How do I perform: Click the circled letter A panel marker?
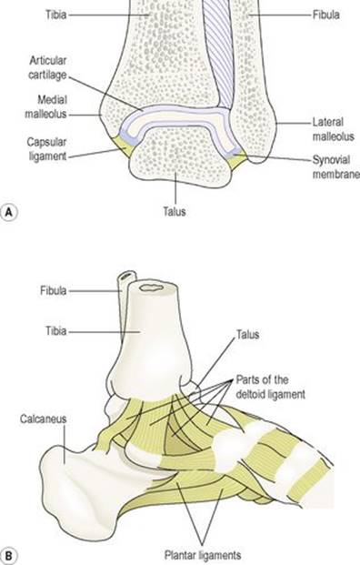tap(9, 212)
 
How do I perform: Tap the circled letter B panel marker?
tap(9, 555)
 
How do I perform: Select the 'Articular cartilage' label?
tap(48, 67)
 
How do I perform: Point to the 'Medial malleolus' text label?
tap(45, 106)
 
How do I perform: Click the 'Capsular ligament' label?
tap(46, 149)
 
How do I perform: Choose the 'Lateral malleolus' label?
tap(333, 129)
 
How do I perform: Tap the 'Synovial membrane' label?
tap(335, 166)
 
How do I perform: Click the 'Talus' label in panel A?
tap(175, 211)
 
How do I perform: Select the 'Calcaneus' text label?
tap(44, 419)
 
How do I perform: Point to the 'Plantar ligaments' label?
tap(203, 555)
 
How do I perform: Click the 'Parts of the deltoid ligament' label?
tap(270, 387)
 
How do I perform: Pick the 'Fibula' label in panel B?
tap(54, 290)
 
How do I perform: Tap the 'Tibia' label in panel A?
tap(56, 15)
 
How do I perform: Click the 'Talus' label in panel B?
tap(247, 335)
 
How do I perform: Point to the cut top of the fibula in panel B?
tap(128, 277)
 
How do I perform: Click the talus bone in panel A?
tap(180, 158)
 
